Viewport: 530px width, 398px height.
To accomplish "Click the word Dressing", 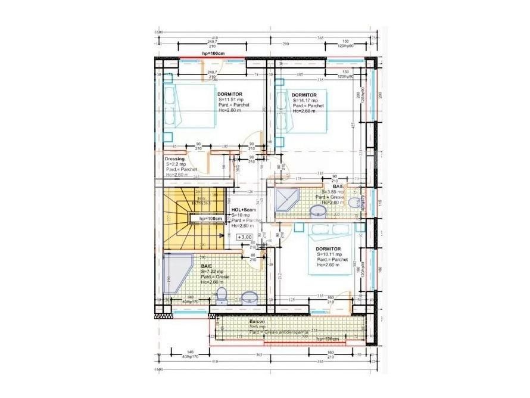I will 175,159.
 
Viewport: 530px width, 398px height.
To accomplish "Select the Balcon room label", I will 258,321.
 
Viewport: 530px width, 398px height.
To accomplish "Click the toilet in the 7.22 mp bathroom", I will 222,294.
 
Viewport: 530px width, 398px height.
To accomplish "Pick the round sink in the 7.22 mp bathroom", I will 249,296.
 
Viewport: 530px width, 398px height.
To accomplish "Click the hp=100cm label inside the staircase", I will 210,219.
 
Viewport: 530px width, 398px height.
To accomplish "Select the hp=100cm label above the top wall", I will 213,54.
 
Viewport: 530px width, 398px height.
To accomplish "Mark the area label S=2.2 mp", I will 177,164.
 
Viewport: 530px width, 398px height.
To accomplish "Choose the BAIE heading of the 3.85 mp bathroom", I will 330,186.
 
